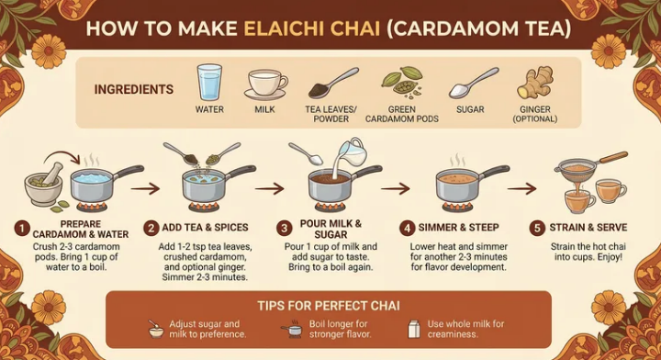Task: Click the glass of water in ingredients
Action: (209, 82)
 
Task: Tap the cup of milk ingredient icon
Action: (265, 84)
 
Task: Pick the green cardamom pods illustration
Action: (401, 84)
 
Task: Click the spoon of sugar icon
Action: (472, 84)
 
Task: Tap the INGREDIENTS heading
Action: (134, 90)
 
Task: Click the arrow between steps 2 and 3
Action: (269, 188)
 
